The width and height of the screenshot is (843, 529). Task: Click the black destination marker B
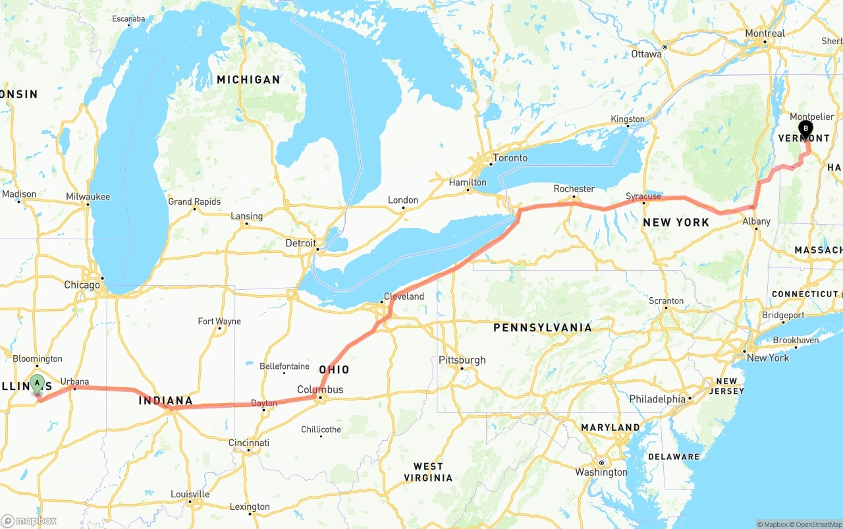pos(805,129)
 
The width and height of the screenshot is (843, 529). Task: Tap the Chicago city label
pos(82,285)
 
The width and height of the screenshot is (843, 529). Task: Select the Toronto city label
pos(510,158)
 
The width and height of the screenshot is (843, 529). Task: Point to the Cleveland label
pos(404,296)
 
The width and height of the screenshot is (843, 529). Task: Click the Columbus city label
pos(320,389)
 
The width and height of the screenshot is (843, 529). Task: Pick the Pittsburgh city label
pos(462,360)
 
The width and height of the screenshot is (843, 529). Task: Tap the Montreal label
pos(765,34)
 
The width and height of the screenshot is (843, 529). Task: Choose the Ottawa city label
pos(646,54)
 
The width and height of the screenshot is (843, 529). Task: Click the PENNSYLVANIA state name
pos(543,327)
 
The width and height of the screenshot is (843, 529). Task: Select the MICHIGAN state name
pos(248,80)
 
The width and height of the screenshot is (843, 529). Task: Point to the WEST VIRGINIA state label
pos(428,472)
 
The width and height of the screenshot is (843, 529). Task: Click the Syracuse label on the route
pos(643,196)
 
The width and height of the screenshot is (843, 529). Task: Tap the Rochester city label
pos(574,188)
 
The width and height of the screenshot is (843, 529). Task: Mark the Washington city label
pos(601,472)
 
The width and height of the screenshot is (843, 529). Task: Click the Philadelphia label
pos(657,399)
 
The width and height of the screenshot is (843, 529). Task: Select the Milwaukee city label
pos(88,197)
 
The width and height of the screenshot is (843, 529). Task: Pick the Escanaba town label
pos(128,19)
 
